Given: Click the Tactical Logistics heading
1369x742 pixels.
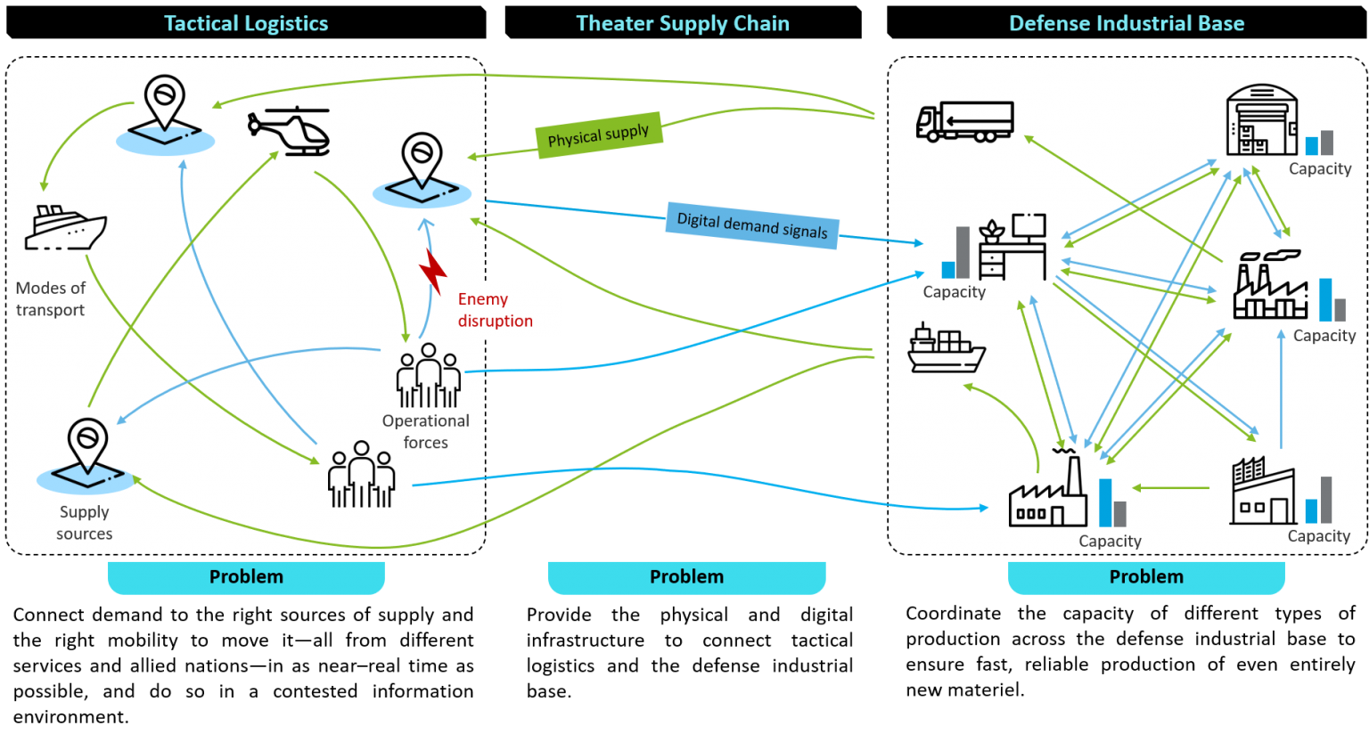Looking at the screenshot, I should coord(246,24).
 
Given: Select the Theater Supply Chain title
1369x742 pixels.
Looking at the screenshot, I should coord(683,24).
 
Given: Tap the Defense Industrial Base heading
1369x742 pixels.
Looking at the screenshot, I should coord(1127,24).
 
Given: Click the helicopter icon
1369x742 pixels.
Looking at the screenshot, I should coord(290,131).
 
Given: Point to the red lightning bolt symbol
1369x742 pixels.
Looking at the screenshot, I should coord(433,272).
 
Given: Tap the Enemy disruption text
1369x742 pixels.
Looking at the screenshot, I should coord(495,310).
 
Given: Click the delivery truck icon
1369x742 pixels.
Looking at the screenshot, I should coord(964,122).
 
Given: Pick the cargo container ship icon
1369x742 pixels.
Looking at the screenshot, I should coord(946,348).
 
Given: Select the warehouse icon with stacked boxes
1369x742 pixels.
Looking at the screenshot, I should coord(1260,120).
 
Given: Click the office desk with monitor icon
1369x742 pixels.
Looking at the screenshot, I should coord(1012,247).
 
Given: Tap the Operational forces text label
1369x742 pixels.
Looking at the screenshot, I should coord(425,431).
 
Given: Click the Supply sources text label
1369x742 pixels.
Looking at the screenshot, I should coord(85,523).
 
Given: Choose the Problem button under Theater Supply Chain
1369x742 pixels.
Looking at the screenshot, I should coord(686,577).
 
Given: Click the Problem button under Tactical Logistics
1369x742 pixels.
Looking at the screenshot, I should coord(246,577).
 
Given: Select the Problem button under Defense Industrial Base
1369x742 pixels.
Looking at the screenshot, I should coord(1146,577).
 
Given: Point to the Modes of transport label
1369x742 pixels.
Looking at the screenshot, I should coord(51,298).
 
